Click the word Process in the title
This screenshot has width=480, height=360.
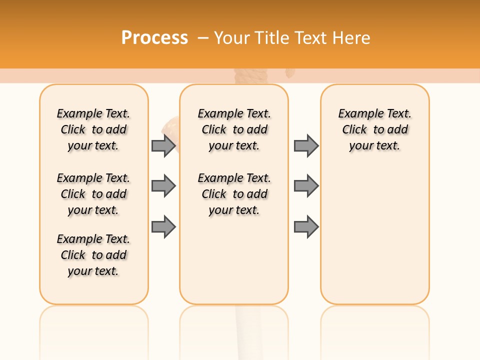point(154,37)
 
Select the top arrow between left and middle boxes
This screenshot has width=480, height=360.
point(163,145)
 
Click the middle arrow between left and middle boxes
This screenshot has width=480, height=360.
point(163,186)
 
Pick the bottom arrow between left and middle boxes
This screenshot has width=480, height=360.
point(163,227)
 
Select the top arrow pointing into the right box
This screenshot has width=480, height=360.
point(306,145)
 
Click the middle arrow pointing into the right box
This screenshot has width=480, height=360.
point(306,186)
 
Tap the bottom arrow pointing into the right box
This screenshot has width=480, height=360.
point(306,227)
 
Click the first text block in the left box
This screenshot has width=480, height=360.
point(93,129)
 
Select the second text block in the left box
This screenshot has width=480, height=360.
point(93,194)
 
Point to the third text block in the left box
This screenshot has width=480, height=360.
point(93,255)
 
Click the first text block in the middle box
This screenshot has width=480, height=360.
point(234,129)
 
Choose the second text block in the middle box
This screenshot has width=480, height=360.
point(234,194)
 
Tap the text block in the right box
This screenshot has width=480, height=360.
point(375,129)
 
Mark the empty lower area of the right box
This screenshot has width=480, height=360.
point(375,235)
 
